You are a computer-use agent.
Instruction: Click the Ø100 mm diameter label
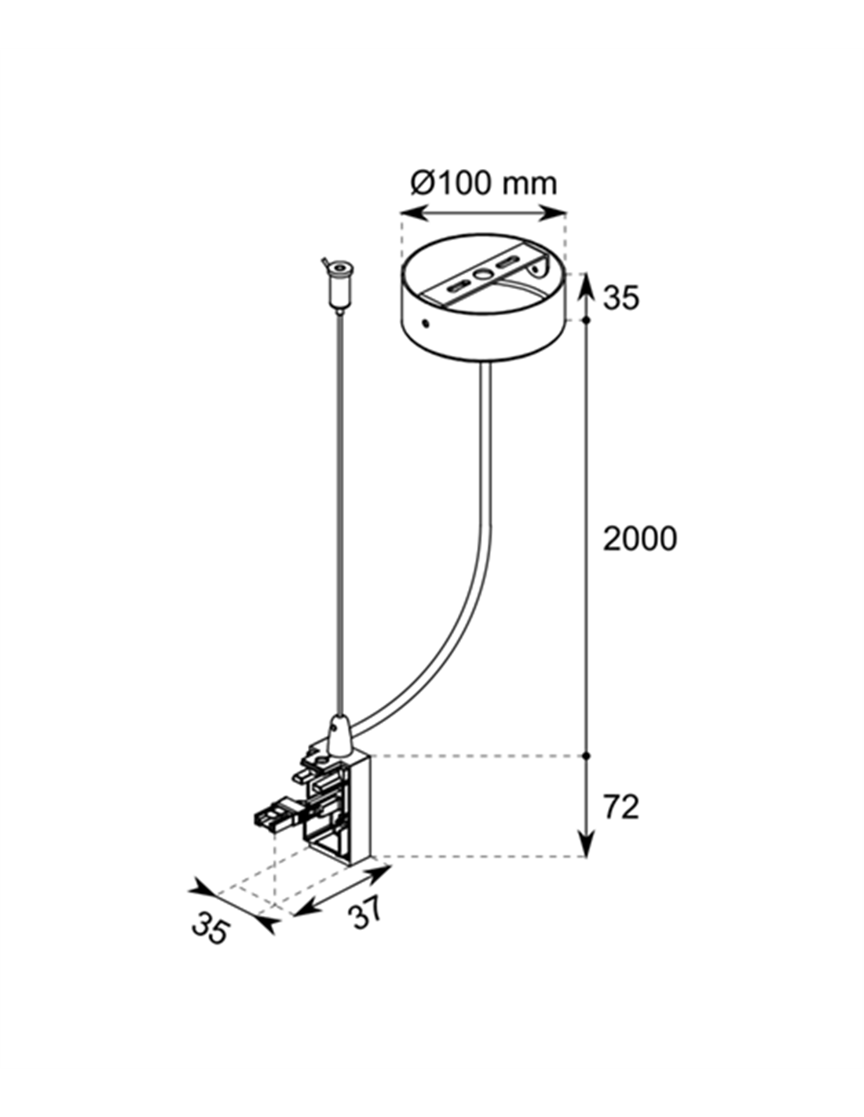[483, 184]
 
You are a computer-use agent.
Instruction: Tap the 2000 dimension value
[639, 539]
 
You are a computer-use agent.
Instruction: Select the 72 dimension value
[621, 807]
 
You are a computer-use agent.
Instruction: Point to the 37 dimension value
[364, 910]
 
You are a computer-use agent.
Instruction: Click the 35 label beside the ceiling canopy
[621, 298]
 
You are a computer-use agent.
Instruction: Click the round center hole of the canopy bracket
[482, 274]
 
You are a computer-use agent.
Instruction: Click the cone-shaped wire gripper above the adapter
[338, 738]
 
